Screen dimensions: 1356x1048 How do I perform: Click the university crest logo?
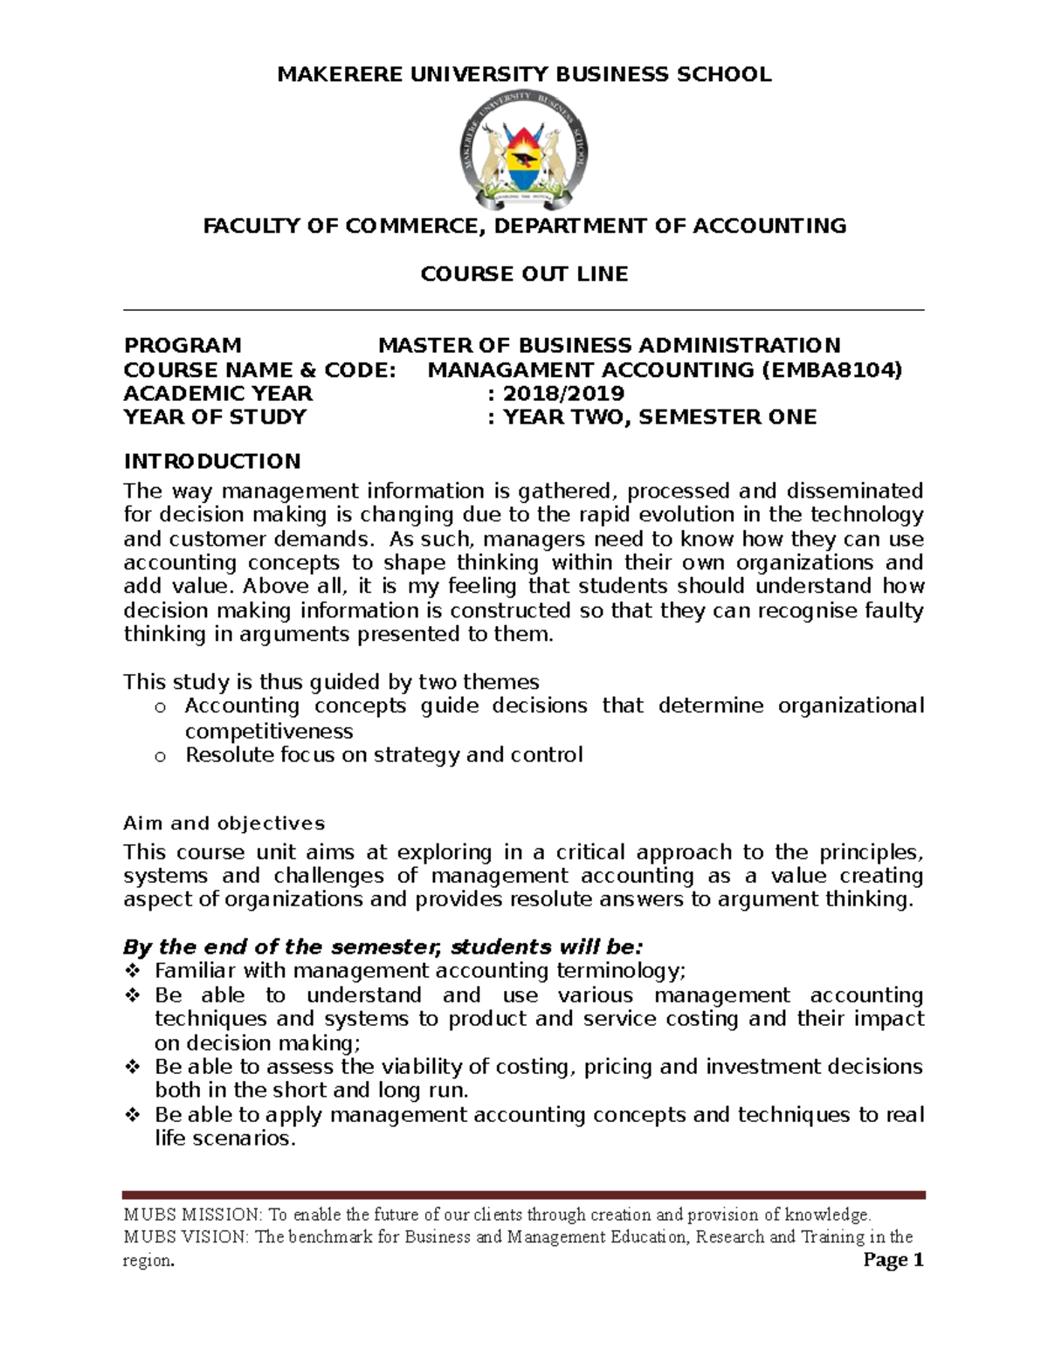[x=524, y=149]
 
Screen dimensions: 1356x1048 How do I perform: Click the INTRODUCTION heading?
[x=212, y=461]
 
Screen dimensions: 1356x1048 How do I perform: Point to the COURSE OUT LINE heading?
[x=524, y=274]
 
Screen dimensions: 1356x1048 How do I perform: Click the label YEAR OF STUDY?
[x=215, y=417]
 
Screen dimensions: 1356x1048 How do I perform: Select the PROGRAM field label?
[x=183, y=346]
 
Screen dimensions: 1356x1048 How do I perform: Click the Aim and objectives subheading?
[x=224, y=823]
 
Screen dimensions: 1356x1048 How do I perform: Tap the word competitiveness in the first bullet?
[x=269, y=732]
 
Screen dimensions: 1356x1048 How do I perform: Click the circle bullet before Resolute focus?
[x=160, y=757]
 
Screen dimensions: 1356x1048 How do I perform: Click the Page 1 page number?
[x=893, y=1260]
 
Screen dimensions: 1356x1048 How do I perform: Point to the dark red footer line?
[x=524, y=1195]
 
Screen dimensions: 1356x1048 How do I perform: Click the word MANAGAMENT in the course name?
[x=504, y=370]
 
